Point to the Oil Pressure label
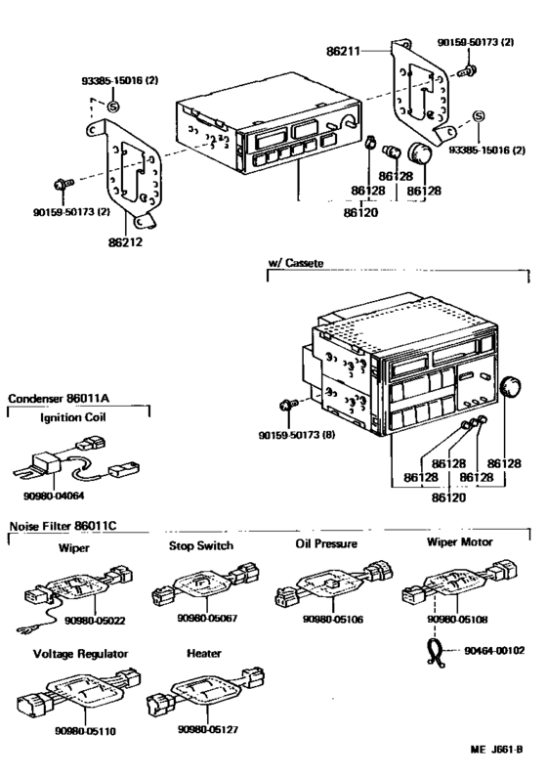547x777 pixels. [326, 543]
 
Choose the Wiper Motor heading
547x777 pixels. [459, 541]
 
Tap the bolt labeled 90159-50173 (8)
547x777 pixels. [283, 406]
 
